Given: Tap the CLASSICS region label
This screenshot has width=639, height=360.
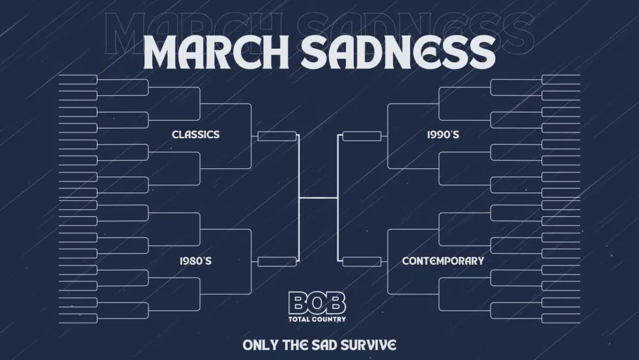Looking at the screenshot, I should (196, 134).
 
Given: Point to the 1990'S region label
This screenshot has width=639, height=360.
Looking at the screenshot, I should (443, 135).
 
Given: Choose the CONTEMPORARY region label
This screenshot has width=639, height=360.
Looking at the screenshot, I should (443, 261).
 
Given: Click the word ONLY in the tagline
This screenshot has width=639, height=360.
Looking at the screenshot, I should (260, 345).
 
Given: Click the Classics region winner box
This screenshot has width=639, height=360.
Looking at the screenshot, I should (277, 136).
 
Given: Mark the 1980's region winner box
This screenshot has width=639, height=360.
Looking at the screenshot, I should (277, 261).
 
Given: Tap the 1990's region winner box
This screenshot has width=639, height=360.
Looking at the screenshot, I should (362, 136).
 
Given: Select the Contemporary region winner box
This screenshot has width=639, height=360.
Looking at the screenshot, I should (362, 261).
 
